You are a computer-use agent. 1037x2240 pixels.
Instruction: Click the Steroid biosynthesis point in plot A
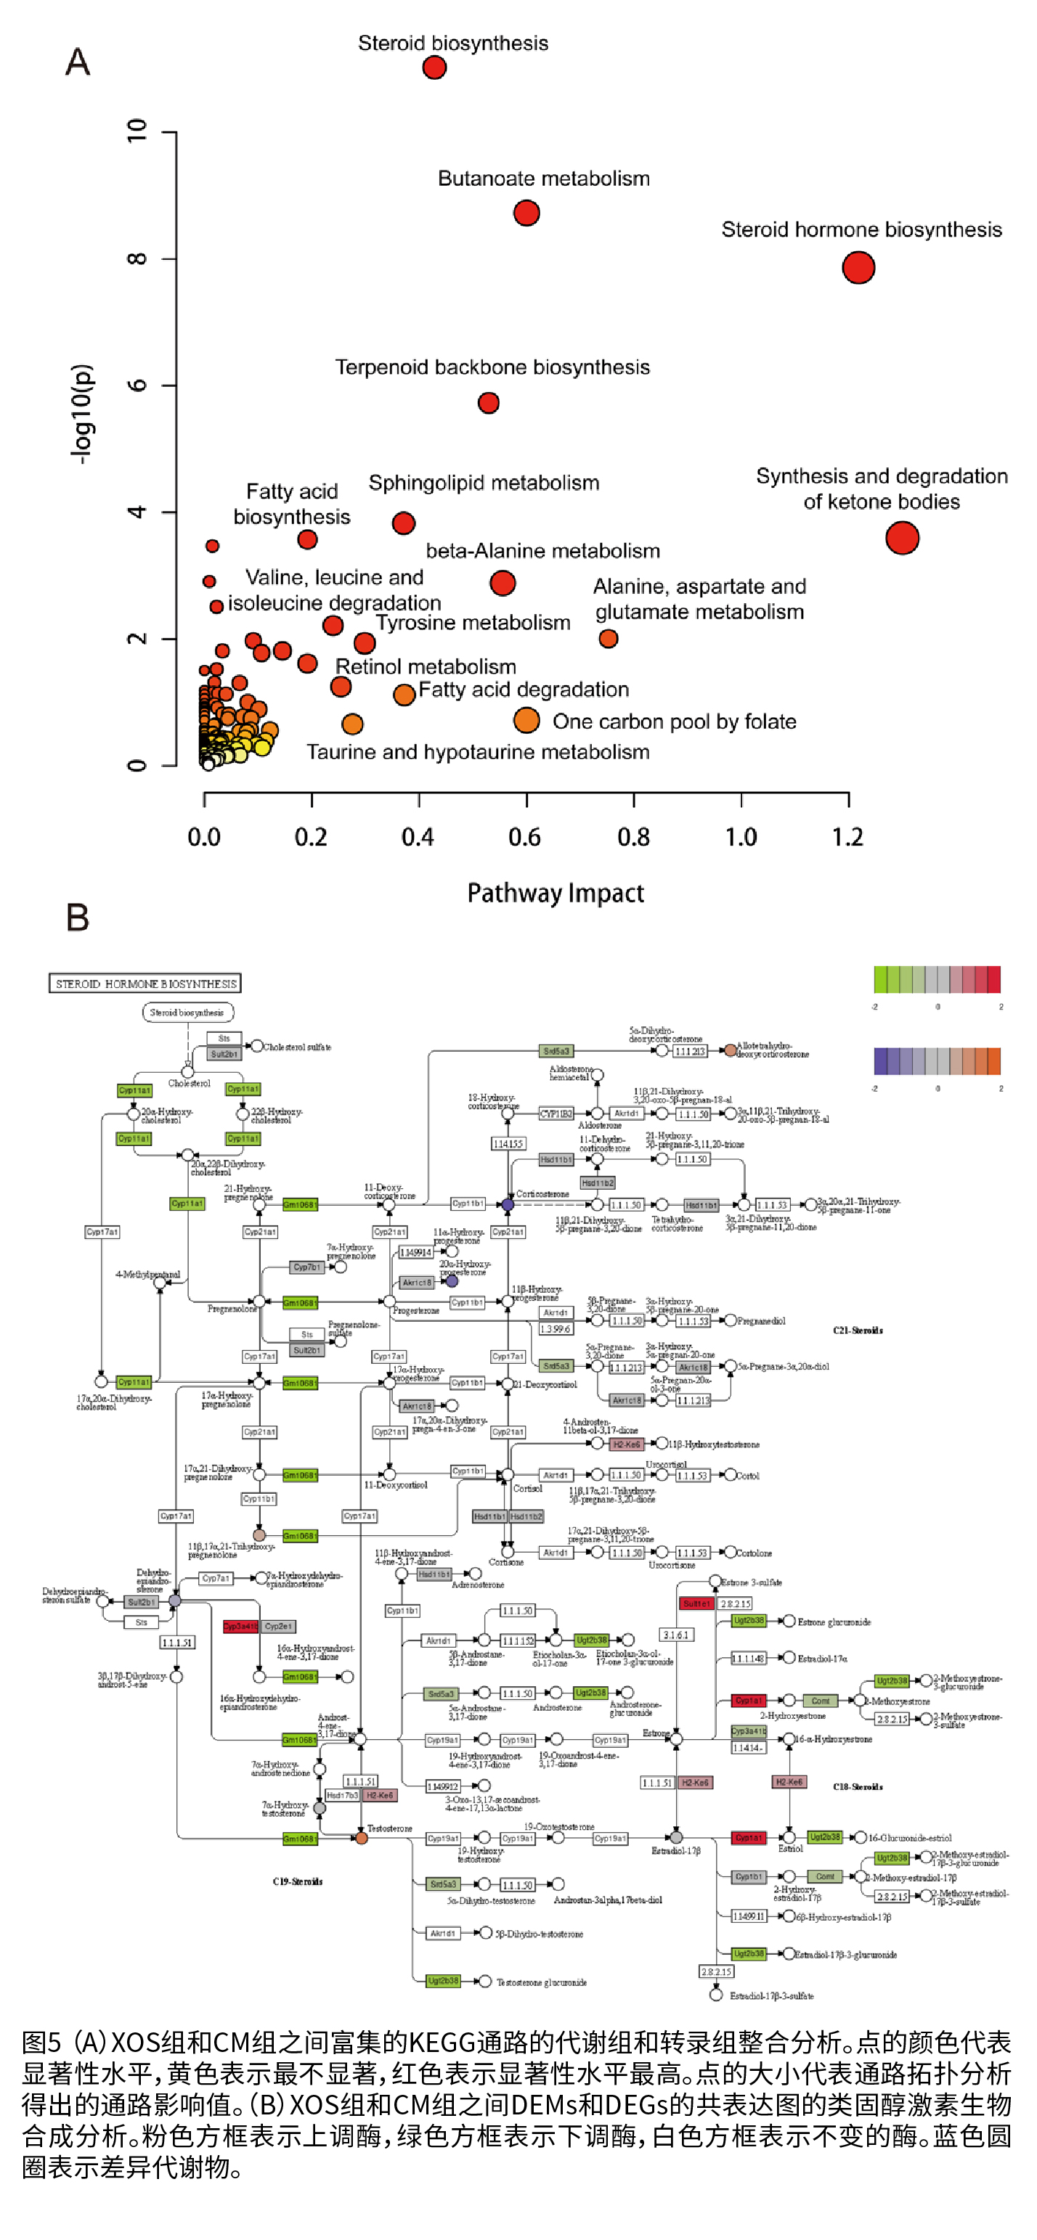point(434,67)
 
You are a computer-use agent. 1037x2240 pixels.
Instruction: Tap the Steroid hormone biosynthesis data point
point(858,268)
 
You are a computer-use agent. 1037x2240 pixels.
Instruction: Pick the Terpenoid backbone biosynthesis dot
point(489,403)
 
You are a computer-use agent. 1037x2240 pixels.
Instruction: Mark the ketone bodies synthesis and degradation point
point(902,537)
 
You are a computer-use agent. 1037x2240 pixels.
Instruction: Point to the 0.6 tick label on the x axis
point(524,838)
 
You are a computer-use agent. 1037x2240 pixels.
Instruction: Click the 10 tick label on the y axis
point(137,131)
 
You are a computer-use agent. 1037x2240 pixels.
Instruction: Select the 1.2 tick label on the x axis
point(847,838)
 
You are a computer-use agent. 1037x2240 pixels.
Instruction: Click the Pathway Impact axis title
point(555,893)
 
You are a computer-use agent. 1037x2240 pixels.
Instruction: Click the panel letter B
point(78,917)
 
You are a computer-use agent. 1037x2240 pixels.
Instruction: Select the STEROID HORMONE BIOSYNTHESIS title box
point(145,984)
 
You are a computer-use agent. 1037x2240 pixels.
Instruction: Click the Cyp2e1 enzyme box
point(278,1626)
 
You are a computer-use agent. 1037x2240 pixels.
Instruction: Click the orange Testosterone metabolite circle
point(361,1837)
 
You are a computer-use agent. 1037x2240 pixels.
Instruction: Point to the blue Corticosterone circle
point(508,1204)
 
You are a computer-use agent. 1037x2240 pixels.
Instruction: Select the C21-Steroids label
point(858,1330)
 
